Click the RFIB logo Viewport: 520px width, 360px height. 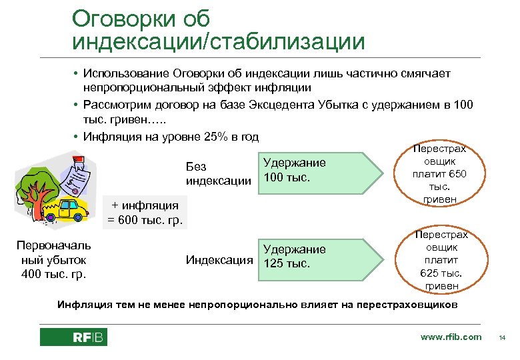73,337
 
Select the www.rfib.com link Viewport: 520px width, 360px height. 451,337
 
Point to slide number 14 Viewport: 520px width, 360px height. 503,338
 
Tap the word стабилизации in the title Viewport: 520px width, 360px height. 287,42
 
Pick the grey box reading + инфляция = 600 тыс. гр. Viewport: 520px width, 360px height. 145,213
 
